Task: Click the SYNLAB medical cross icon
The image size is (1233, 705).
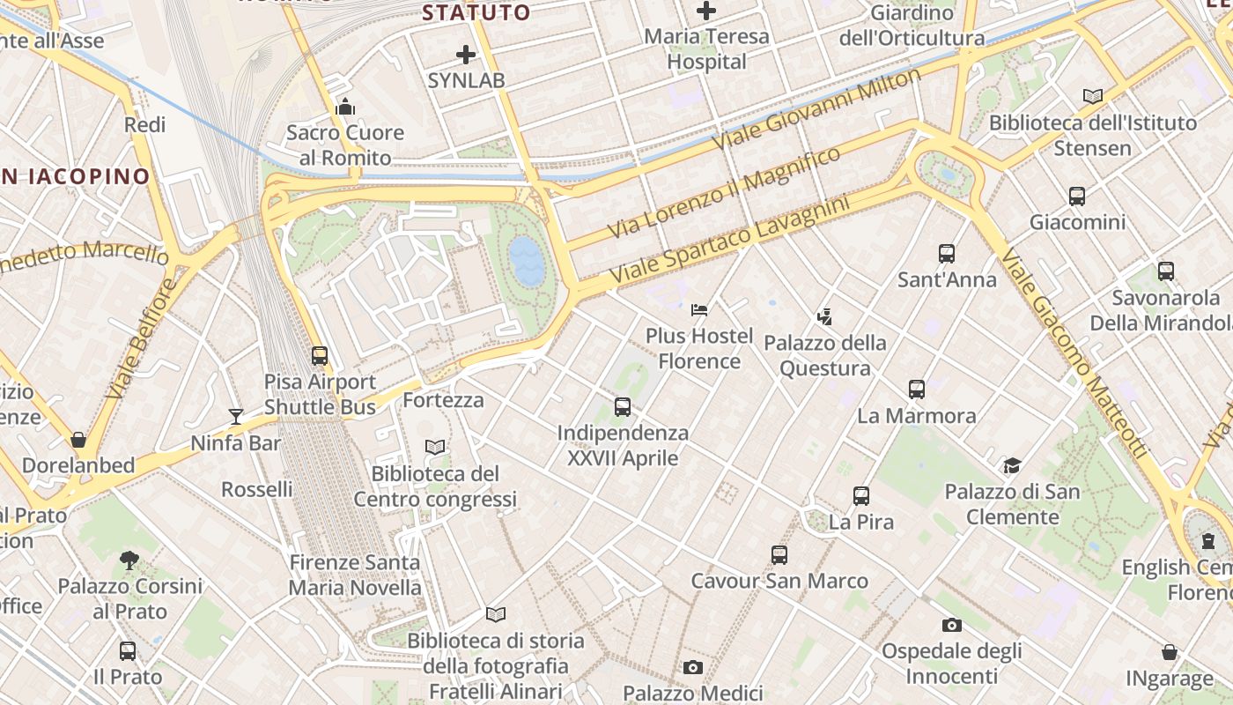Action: (x=466, y=56)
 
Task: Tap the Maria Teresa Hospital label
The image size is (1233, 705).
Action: (x=706, y=49)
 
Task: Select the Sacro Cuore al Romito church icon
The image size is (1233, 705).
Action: (x=344, y=108)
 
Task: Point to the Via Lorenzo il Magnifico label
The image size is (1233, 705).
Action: (x=724, y=193)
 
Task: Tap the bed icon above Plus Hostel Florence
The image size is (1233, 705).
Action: (x=699, y=310)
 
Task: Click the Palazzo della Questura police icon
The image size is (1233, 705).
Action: (x=824, y=316)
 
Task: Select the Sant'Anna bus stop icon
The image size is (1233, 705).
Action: (x=947, y=254)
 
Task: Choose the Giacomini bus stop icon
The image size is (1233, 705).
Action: (x=1076, y=196)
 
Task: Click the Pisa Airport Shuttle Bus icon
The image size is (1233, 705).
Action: (x=320, y=356)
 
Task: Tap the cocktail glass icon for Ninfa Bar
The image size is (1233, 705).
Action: (x=235, y=417)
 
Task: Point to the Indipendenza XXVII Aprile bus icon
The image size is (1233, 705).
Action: (x=623, y=407)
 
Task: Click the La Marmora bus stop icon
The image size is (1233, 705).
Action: (x=916, y=390)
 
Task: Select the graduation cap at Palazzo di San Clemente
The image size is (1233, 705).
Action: (x=1012, y=465)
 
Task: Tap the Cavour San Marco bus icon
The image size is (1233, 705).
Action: (x=779, y=555)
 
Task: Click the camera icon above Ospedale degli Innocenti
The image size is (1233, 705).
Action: (x=951, y=626)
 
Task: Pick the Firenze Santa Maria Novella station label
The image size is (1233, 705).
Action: (x=355, y=575)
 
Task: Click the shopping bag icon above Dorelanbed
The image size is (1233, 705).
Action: (x=78, y=439)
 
